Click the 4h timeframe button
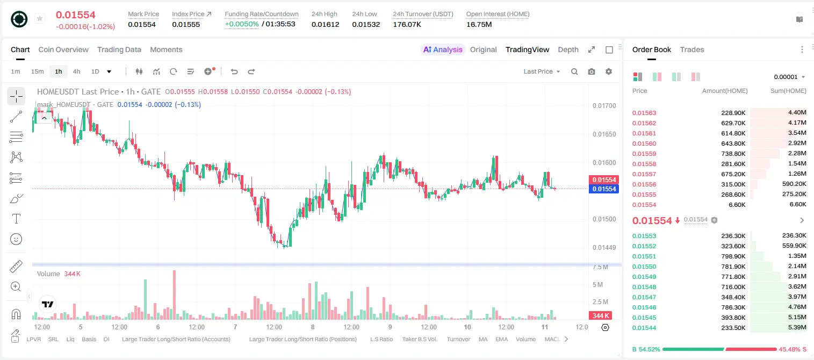[76, 71]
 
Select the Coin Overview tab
[63, 49]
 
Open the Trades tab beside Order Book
[692, 49]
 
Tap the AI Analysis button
[443, 49]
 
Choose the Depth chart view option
[568, 49]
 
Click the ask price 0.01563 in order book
[644, 113]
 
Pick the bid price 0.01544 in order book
[644, 328]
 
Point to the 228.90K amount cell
[733, 113]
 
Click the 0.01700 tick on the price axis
[604, 106]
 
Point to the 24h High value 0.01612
[325, 24]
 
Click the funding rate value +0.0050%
[242, 24]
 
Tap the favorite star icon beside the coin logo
[40, 18]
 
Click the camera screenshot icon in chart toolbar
[592, 71]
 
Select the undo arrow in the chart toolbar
[234, 71]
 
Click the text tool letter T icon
[16, 219]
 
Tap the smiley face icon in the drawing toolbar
[16, 239]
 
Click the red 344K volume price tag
[600, 316]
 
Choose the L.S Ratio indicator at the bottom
[381, 339]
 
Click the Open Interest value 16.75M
[479, 24]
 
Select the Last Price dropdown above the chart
[542, 71]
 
